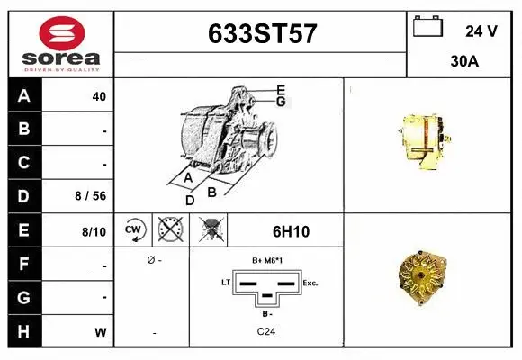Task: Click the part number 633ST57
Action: tap(262, 34)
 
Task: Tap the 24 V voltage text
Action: tap(481, 31)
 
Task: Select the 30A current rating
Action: tap(464, 63)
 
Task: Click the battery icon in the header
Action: tap(427, 28)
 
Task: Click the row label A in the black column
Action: tap(24, 96)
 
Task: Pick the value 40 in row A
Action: tap(99, 96)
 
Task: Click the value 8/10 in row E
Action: tap(94, 231)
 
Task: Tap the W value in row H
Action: tap(101, 331)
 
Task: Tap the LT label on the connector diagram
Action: tap(227, 283)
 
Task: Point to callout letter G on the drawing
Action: tap(281, 102)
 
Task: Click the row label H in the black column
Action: tap(24, 330)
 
